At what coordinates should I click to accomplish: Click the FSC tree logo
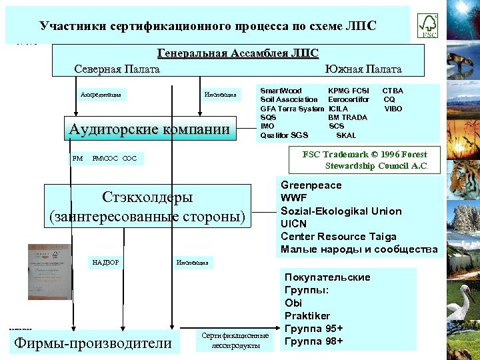pos(427,25)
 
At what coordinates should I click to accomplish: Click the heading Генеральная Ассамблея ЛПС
pos(238,53)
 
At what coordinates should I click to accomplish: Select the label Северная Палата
pos(117,69)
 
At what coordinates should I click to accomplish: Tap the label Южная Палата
pos(363,69)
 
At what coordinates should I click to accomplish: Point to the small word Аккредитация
pos(101,95)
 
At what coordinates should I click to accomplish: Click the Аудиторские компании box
pos(153,129)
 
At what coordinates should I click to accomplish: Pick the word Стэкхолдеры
pos(147,197)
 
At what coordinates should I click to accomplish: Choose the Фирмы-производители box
pos(93,344)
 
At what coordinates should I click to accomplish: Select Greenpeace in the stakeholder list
pos(311,185)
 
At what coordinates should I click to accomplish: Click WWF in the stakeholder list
pos(294,198)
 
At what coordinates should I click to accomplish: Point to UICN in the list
pos(294,224)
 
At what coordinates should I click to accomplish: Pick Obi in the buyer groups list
pos(293,303)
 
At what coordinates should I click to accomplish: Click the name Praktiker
pos(307,315)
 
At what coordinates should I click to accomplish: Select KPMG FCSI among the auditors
pos(349,91)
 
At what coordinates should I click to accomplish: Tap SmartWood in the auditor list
pos(281,91)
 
